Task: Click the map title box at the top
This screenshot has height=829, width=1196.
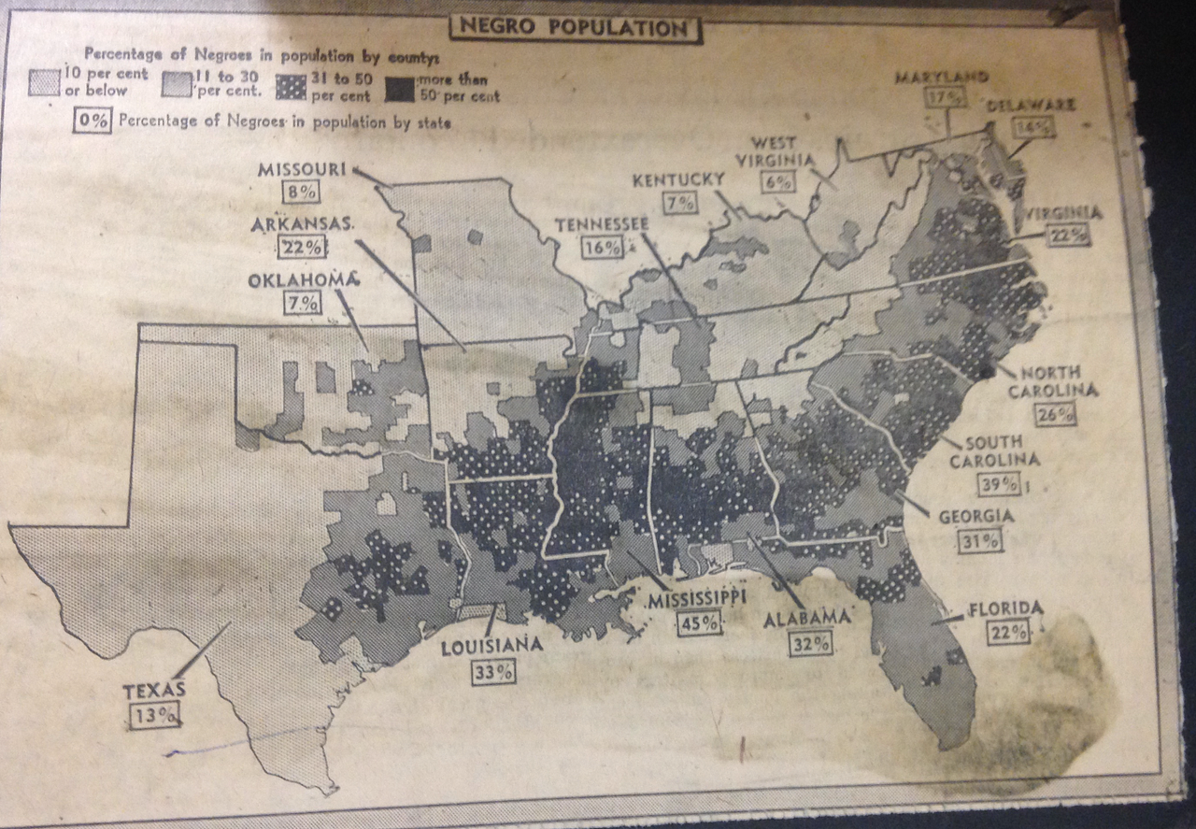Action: (576, 27)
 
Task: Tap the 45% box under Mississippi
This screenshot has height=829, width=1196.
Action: (692, 622)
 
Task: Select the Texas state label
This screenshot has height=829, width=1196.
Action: (155, 691)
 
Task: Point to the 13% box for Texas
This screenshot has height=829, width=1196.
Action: (155, 715)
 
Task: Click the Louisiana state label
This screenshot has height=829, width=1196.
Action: (492, 644)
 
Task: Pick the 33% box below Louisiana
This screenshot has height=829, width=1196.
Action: (493, 670)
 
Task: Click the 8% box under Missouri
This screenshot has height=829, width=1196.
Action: (302, 193)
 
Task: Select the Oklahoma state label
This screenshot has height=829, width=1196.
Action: (303, 279)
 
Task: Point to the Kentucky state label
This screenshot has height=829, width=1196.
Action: (679, 178)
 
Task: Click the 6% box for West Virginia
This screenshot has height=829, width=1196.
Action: (776, 182)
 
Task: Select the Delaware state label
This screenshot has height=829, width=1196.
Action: (1030, 105)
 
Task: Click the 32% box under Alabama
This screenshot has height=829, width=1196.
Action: (809, 643)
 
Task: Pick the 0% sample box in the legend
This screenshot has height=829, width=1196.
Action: (93, 121)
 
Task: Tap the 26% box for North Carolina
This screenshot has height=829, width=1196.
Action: (1054, 414)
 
